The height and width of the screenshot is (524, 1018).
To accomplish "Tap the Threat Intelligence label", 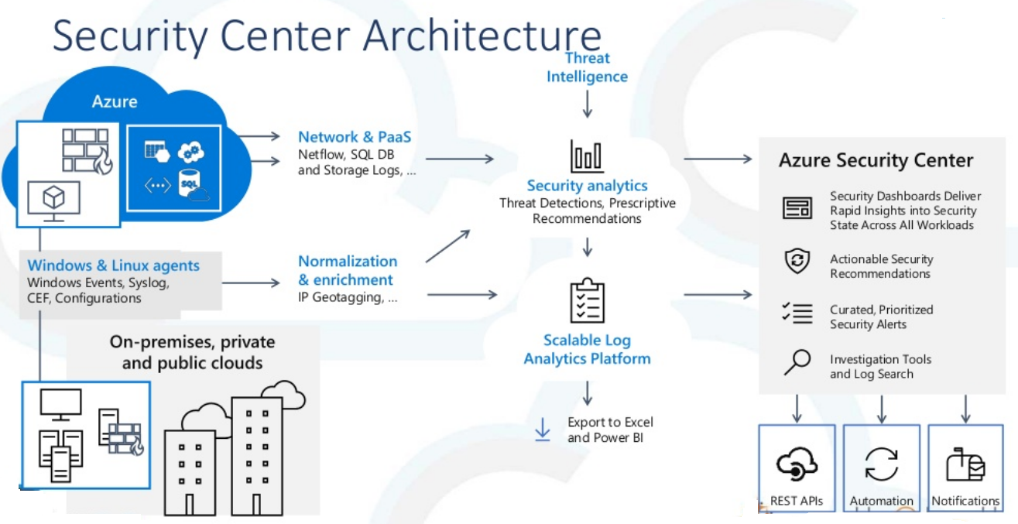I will [587, 67].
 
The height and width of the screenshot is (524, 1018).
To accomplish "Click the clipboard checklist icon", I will [587, 300].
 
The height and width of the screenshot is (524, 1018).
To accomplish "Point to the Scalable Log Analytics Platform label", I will [587, 349].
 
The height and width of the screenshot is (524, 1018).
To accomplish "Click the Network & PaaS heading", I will [355, 137].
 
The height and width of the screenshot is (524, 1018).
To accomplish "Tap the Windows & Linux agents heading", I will [113, 265].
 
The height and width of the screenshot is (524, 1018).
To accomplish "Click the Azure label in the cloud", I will [115, 101].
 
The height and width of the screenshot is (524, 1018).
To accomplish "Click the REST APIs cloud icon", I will [797, 464].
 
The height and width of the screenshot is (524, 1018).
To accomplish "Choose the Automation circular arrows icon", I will [881, 464].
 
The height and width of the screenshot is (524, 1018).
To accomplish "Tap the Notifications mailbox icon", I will [965, 464].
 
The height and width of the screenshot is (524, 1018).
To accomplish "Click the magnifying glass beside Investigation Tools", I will [797, 362].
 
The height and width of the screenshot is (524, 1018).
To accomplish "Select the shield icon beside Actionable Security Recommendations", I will [797, 262].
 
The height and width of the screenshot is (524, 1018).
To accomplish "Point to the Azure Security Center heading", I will [876, 160].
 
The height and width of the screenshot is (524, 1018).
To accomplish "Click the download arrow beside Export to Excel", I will [543, 430].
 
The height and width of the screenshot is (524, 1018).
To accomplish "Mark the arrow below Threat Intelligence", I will [587, 103].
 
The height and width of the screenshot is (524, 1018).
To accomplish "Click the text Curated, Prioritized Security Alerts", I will [881, 317].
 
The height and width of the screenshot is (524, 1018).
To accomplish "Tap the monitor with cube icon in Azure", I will [53, 200].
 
